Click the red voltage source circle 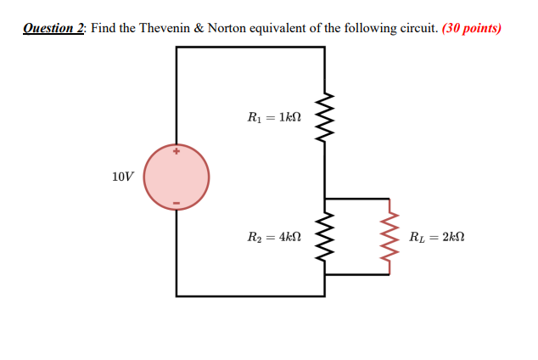click(x=177, y=178)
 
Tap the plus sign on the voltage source click(x=177, y=153)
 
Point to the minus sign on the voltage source click(x=177, y=204)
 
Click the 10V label click(x=122, y=177)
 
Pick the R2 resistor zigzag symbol click(x=324, y=237)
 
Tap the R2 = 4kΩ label click(x=272, y=238)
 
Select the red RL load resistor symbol click(x=389, y=237)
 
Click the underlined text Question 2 click(x=53, y=27)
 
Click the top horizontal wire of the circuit click(x=250, y=47)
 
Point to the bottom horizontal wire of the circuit click(x=250, y=295)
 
